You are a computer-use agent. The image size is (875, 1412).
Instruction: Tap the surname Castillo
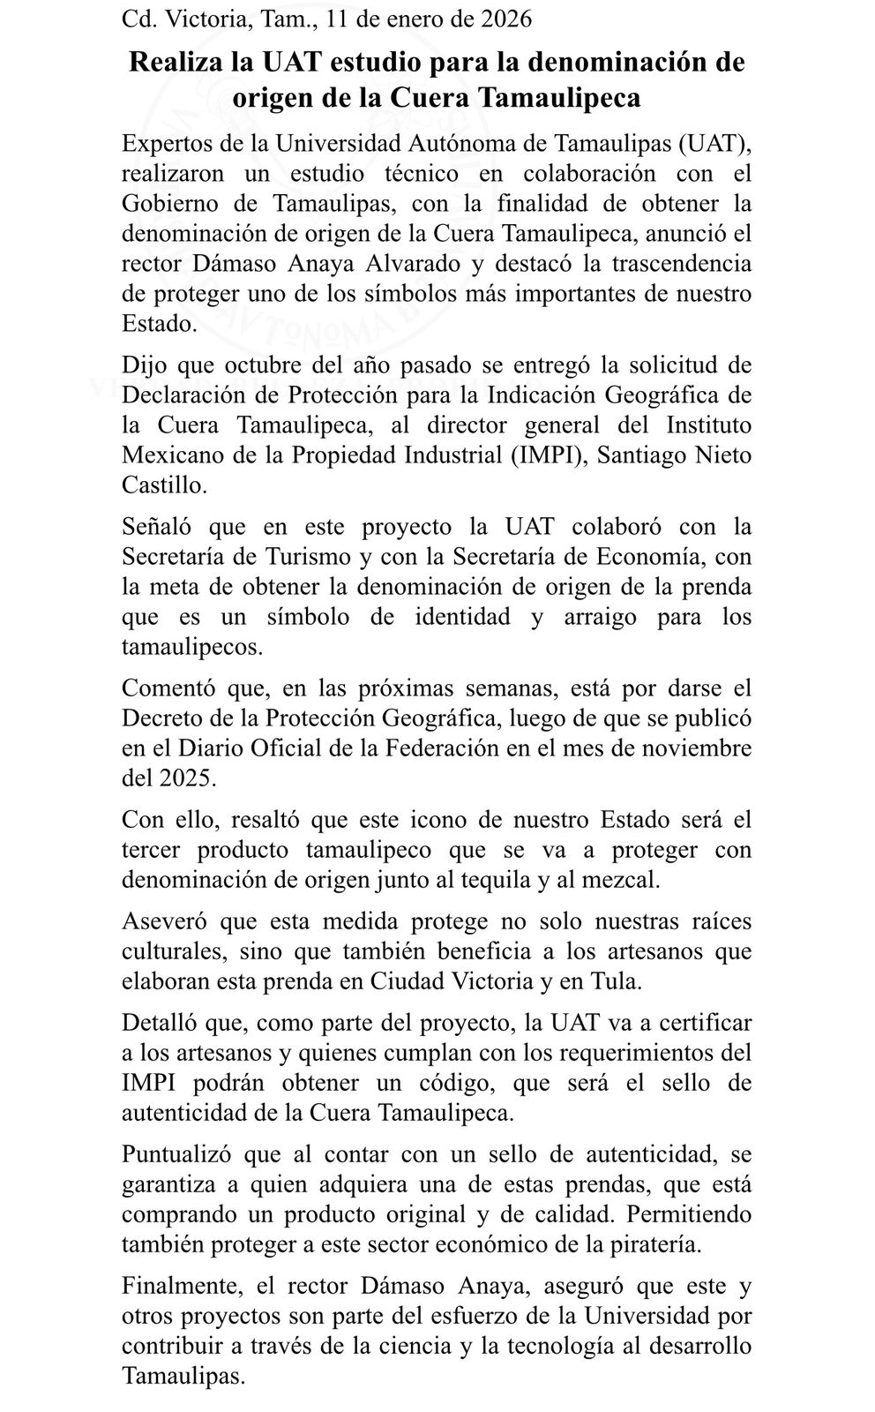(x=164, y=485)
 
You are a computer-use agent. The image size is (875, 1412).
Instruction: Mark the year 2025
(x=186, y=778)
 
